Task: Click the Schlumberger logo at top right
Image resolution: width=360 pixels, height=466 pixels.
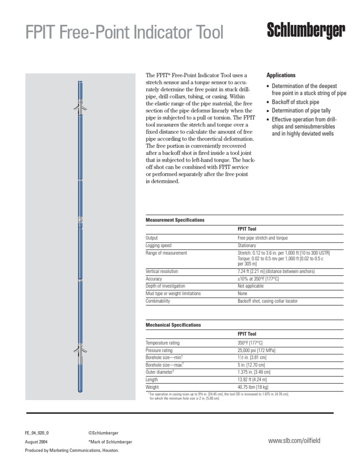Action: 306,32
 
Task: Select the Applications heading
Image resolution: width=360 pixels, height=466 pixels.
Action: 281,75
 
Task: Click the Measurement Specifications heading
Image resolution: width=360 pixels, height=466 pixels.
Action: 175,220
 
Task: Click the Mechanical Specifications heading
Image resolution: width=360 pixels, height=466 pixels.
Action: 173,325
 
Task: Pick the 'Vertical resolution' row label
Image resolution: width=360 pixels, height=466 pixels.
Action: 162,271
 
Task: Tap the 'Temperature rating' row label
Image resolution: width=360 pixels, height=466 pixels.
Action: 163,343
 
